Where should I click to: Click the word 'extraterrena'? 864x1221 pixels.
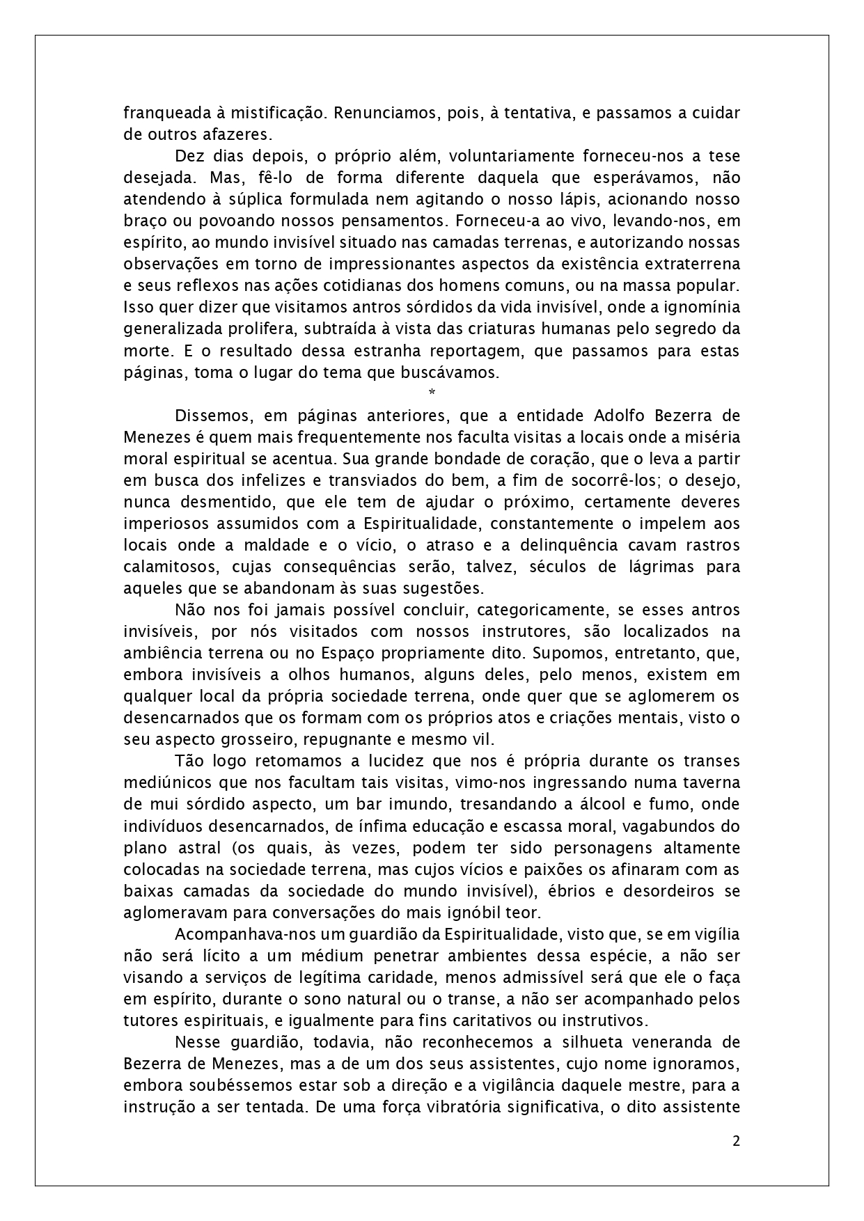point(691,265)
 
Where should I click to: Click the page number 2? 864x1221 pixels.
point(736,1141)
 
